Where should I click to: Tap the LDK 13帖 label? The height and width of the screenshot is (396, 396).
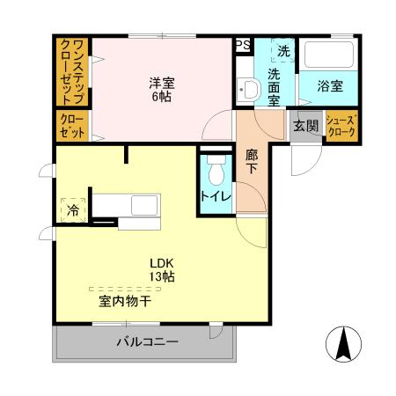[x=161, y=270]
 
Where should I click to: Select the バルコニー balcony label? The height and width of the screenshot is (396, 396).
[x=147, y=342]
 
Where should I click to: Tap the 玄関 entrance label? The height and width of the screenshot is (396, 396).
[x=305, y=126]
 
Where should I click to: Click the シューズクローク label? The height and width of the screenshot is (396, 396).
[x=341, y=125]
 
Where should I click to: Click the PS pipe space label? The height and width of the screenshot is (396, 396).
[x=243, y=44]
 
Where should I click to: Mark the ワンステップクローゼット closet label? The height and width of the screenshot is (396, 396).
[x=75, y=70]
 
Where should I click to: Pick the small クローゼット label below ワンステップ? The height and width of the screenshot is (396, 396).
[x=74, y=126]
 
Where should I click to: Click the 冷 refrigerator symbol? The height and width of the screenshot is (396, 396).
[x=73, y=210]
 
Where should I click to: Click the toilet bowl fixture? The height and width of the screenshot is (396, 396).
[x=216, y=168]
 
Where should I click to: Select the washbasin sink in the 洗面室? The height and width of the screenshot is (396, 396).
[x=246, y=90]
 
